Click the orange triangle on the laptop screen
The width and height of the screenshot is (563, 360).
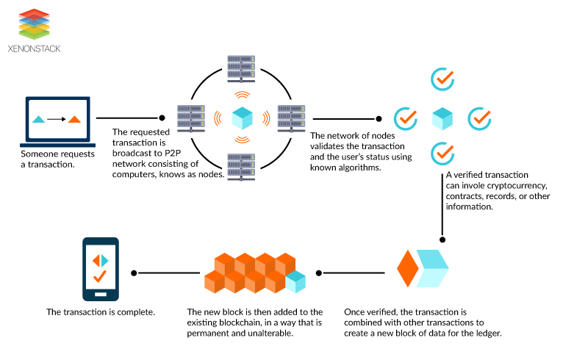(x=73, y=119)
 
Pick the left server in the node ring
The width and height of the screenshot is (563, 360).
(x=190, y=117)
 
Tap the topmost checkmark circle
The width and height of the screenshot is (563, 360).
(x=442, y=79)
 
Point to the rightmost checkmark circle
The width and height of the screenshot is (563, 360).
(x=479, y=118)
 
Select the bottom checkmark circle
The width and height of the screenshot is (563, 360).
(x=442, y=154)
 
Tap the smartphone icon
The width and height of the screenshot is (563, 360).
(x=100, y=269)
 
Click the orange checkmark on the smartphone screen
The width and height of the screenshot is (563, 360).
(x=100, y=277)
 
